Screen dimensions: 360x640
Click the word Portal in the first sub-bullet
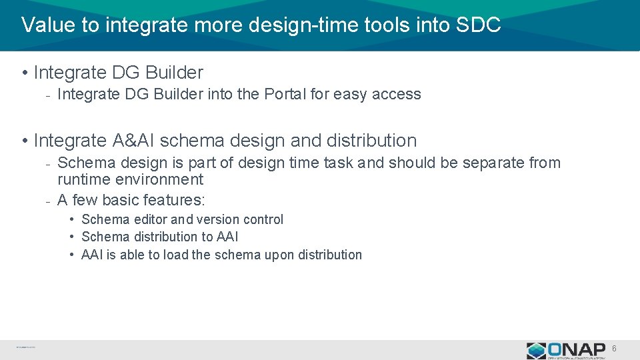(x=285, y=94)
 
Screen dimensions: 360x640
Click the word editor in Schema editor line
(x=150, y=219)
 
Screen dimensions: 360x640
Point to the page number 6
(x=614, y=349)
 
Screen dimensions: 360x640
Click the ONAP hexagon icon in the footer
(x=536, y=351)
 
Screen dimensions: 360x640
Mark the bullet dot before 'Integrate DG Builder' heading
(x=24, y=72)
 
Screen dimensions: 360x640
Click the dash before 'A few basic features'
(x=48, y=200)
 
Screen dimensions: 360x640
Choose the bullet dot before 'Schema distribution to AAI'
(x=71, y=237)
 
